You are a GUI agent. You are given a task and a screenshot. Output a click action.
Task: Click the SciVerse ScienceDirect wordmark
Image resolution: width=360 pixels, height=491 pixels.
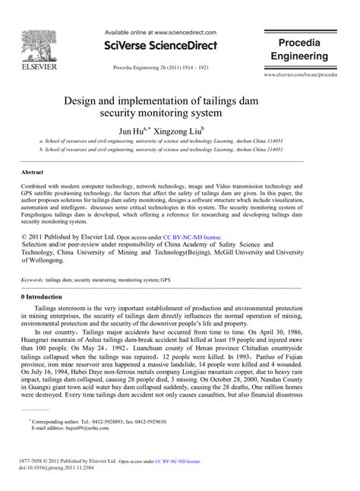pos(161,46)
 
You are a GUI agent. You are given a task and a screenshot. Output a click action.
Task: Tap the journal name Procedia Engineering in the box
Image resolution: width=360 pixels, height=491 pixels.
pos(302,50)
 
